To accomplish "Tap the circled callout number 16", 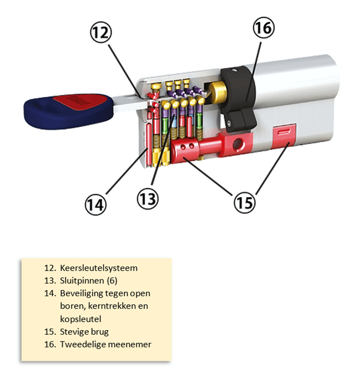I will (263, 27).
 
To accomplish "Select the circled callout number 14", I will (96, 203).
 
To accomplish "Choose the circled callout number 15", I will (244, 201).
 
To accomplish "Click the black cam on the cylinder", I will (239, 97).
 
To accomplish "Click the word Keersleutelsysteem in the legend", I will (98, 268).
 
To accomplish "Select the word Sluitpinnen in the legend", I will (83, 281).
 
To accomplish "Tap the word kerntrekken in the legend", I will (108, 306).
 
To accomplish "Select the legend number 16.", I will (49, 344).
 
